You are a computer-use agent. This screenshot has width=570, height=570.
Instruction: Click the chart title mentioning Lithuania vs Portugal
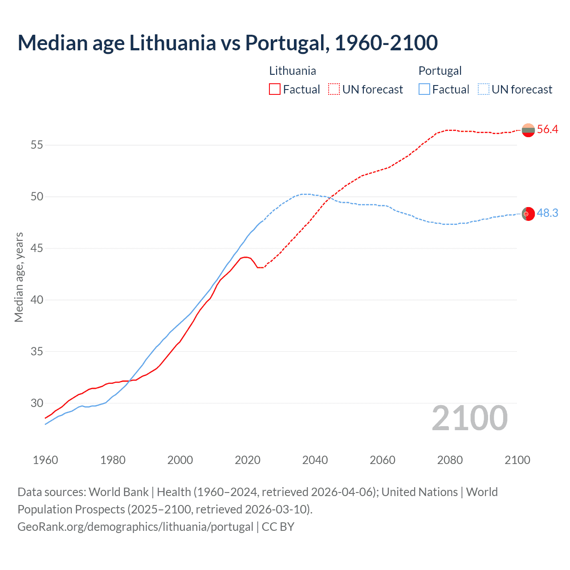pyautogui.click(x=228, y=43)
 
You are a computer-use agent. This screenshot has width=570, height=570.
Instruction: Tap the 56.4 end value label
pyautogui.click(x=547, y=130)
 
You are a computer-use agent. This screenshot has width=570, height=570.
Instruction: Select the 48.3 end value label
pyautogui.click(x=547, y=213)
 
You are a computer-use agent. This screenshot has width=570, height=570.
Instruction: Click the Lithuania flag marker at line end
pyautogui.click(x=528, y=130)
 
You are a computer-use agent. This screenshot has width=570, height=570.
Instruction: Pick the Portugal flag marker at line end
pyautogui.click(x=528, y=214)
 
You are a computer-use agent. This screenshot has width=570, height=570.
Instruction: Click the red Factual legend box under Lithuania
pyautogui.click(x=275, y=89)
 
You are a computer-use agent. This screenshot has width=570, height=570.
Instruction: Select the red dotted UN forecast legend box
pyautogui.click(x=334, y=89)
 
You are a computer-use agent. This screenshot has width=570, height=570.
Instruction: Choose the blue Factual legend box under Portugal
pyautogui.click(x=424, y=89)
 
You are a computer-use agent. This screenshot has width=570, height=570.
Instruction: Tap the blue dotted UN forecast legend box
pyautogui.click(x=484, y=89)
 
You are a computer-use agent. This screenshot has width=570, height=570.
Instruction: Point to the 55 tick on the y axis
pyautogui.click(x=37, y=145)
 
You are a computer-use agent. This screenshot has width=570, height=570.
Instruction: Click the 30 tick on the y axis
pyautogui.click(x=37, y=403)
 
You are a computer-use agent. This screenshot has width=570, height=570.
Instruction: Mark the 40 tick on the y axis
pyautogui.click(x=37, y=300)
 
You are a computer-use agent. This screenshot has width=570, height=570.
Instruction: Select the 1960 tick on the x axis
pyautogui.click(x=45, y=460)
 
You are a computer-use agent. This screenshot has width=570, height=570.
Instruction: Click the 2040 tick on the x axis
pyautogui.click(x=315, y=460)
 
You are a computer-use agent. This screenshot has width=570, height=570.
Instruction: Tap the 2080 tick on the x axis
pyautogui.click(x=450, y=460)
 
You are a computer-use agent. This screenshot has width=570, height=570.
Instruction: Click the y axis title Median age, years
pyautogui.click(x=19, y=277)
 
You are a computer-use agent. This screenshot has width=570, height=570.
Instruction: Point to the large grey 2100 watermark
pyautogui.click(x=469, y=418)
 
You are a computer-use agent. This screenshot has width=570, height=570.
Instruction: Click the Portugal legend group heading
pyautogui.click(x=440, y=71)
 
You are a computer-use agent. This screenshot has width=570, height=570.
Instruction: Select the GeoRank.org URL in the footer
pyautogui.click(x=135, y=527)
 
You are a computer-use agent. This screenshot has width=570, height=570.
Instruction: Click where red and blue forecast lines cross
pyautogui.click(x=330, y=198)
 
